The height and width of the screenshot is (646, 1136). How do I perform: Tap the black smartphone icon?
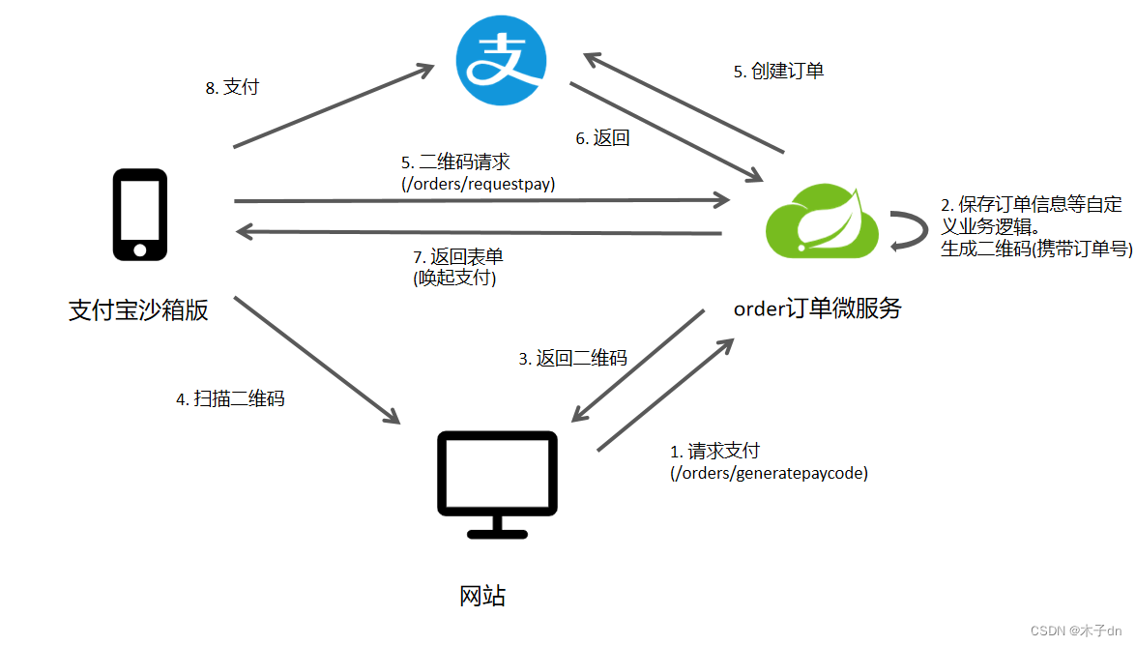139,215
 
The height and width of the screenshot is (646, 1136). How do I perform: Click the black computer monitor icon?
498,484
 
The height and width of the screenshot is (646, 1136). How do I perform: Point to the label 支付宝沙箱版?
138,310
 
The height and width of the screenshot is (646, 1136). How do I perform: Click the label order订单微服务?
818,308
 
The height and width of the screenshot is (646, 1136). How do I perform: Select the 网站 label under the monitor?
481,596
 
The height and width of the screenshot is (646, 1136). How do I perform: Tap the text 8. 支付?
232,87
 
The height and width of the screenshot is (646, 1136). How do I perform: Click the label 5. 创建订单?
778,71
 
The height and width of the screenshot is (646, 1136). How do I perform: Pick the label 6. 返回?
602,138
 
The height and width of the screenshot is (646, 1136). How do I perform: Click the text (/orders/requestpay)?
478,182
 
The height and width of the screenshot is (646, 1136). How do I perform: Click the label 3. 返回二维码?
572,358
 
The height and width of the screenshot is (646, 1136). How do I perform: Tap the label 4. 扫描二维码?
230,398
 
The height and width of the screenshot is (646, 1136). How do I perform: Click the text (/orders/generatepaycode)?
769,473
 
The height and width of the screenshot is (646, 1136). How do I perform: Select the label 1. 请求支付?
715,451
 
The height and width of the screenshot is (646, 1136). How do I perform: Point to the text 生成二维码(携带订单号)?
1035,249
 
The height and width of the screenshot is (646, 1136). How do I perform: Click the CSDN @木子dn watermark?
1075,631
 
